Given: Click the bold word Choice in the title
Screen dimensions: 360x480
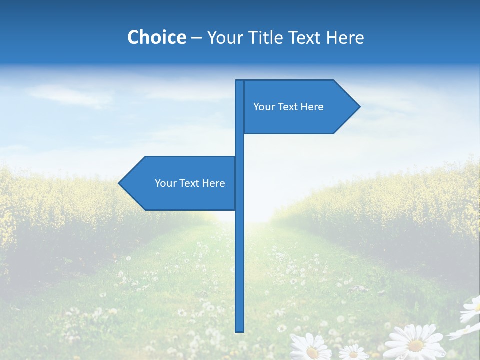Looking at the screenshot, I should tap(156, 37).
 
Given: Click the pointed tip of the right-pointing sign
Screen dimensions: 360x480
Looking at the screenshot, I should tap(359, 106).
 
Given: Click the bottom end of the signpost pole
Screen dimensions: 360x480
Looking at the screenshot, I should tap(240, 330).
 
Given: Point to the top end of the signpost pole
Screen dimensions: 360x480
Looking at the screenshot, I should tap(240, 81).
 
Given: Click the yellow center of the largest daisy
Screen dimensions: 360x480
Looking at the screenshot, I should tap(416, 345).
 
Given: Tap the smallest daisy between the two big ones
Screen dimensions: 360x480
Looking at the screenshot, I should tap(354, 352).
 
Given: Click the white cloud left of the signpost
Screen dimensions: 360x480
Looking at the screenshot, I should tap(70, 95).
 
